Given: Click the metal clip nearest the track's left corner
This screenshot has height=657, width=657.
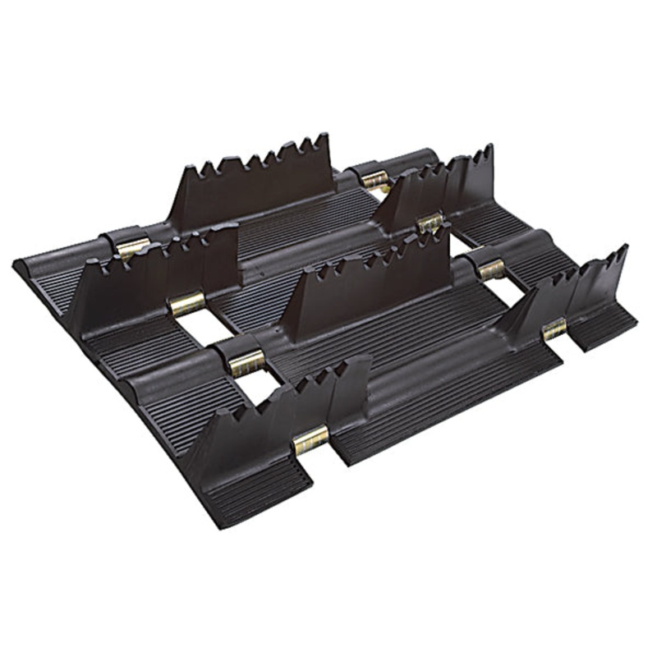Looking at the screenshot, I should [x=131, y=246].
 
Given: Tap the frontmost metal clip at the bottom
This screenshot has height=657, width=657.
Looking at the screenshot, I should [x=311, y=441].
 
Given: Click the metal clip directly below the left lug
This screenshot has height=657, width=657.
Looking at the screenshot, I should [x=186, y=306].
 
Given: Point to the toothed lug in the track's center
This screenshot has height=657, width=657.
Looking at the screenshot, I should [x=370, y=287].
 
